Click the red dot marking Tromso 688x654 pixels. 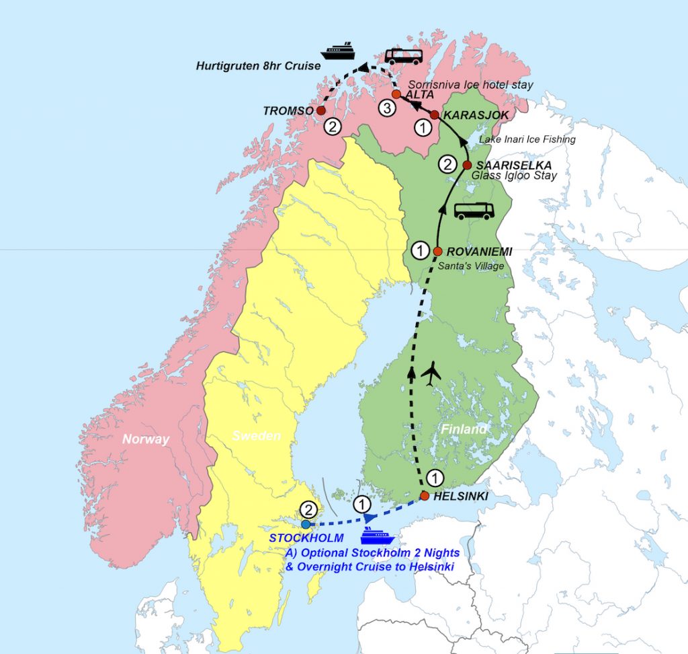(x=321, y=110)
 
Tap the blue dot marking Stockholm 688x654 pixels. (x=306, y=524)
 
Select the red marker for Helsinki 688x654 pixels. (x=425, y=496)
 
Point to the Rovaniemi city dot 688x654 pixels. (x=438, y=251)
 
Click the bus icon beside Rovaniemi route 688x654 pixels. (x=474, y=210)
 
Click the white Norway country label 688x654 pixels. (x=146, y=439)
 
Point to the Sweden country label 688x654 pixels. (x=256, y=436)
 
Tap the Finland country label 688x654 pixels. (x=464, y=429)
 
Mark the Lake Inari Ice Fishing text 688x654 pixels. (x=527, y=139)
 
